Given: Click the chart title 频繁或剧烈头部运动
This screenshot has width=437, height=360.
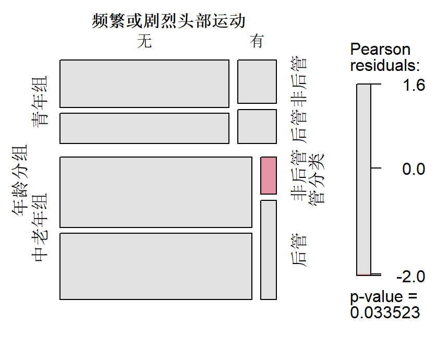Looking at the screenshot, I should click(168, 21).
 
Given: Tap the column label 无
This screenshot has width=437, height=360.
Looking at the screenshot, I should click(144, 42).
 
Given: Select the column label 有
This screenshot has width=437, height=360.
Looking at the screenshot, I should click(257, 42).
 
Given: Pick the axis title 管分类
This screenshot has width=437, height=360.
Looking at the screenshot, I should click(317, 178).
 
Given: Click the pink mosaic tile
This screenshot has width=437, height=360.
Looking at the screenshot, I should click(269, 175).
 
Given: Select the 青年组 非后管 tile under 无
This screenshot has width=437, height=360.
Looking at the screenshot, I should click(144, 84).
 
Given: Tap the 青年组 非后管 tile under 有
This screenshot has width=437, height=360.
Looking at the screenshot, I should click(257, 82).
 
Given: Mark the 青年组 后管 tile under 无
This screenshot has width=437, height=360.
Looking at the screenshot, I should click(144, 128).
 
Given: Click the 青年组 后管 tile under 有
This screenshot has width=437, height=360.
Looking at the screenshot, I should click(257, 126).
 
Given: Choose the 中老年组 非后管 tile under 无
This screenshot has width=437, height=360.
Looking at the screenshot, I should click(156, 192).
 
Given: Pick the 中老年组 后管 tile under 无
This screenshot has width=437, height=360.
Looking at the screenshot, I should click(156, 266).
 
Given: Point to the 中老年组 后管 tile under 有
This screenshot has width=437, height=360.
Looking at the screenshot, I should click(269, 250).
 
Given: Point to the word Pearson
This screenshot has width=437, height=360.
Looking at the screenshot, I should click(380, 50).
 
